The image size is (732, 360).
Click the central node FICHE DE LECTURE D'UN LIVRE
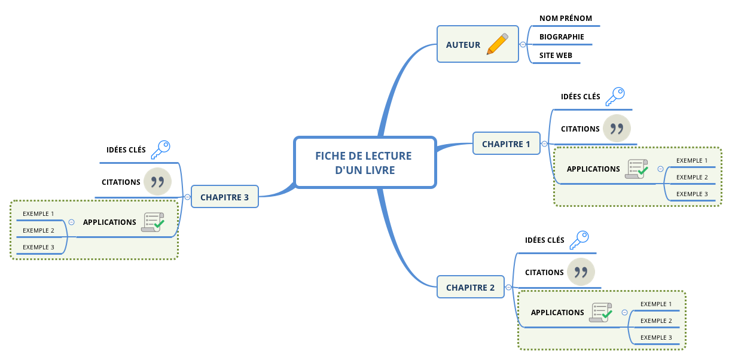tap(364, 163)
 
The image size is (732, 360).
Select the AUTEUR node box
tap(463, 44)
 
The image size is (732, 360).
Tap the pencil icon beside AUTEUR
tap(497, 44)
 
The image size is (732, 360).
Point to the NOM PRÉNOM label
tap(565, 19)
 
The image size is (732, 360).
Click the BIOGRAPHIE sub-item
tap(562, 37)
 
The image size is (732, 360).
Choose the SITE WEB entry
tap(556, 56)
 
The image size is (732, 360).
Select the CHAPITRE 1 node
tap(506, 144)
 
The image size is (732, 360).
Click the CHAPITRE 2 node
tap(470, 287)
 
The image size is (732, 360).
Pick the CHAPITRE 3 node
tap(224, 197)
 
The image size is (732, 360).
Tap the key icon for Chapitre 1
tap(614, 96)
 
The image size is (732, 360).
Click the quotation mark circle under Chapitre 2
tap(581, 272)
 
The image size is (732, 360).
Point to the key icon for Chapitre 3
tap(160, 150)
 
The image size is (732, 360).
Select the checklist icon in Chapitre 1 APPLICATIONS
tap(636, 169)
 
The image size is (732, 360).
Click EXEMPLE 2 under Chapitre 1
tap(692, 177)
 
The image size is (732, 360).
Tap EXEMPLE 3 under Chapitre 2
tap(656, 337)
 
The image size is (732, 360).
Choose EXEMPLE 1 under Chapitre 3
tap(38, 213)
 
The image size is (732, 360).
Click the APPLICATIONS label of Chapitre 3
tap(109, 222)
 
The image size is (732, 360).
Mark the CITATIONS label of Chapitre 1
tap(580, 129)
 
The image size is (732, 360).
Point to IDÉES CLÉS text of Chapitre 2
tap(544, 240)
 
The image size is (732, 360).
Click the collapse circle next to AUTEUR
tap(523, 44)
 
